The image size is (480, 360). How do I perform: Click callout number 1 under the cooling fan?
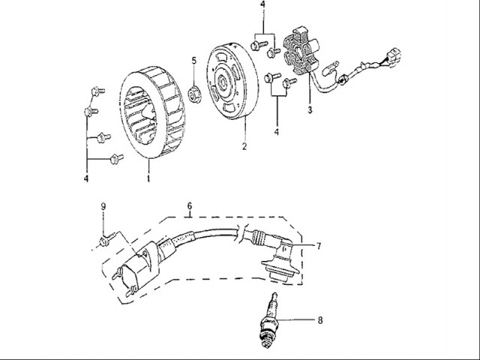click(148, 180)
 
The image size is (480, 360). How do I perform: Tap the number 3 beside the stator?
click(309, 110)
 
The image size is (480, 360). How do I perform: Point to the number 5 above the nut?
click(193, 60)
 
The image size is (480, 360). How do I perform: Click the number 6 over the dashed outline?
click(190, 205)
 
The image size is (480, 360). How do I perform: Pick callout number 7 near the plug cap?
click(318, 245)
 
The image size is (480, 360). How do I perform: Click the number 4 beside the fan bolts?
click(86, 179)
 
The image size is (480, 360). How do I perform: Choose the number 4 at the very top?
click(262, 6)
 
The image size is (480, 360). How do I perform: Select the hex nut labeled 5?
click(195, 94)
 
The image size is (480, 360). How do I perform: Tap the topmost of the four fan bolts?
click(94, 91)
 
